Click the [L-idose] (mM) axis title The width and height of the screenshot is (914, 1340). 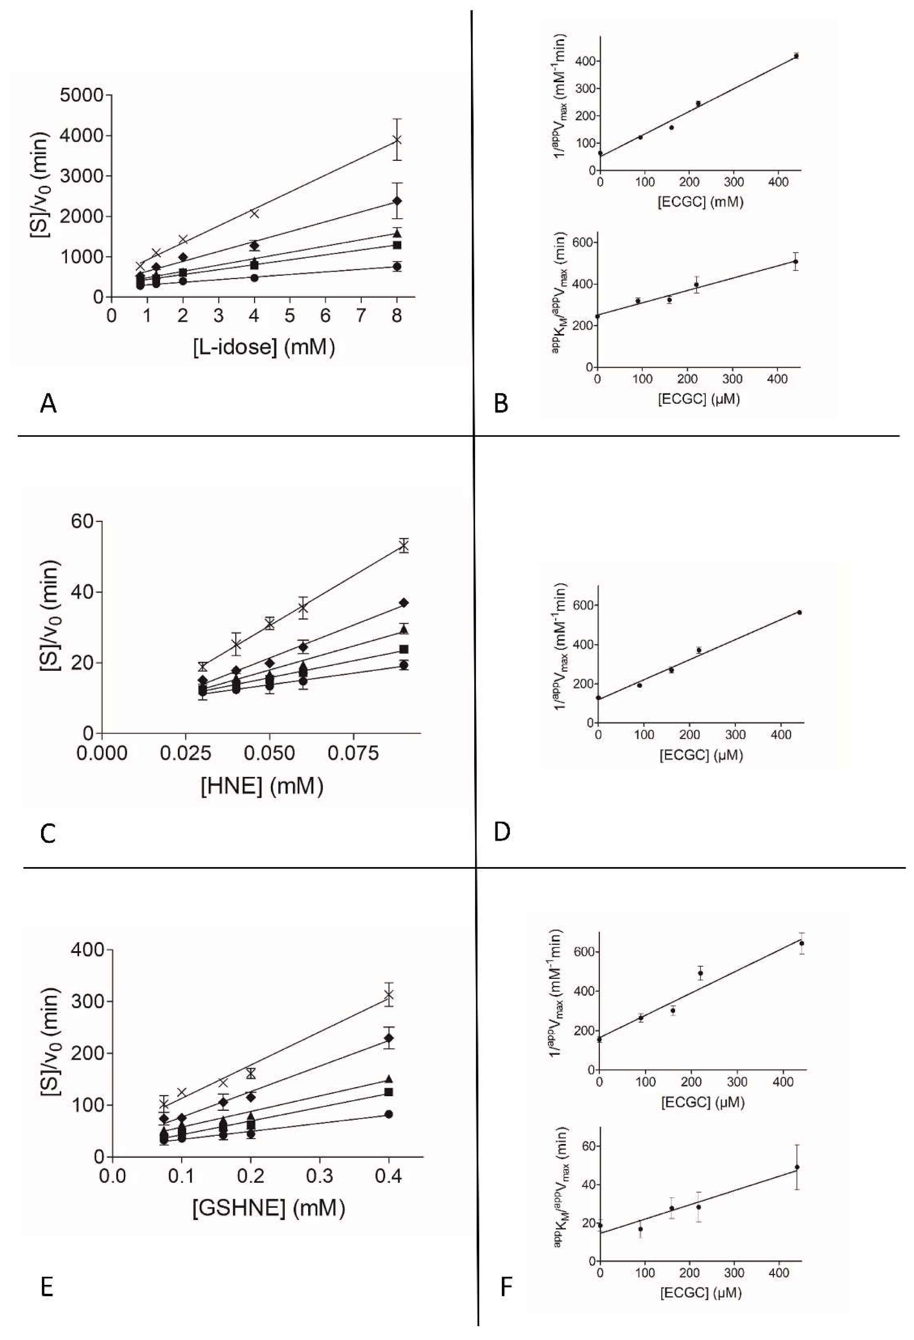264,347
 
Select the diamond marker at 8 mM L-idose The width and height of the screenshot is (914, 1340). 397,201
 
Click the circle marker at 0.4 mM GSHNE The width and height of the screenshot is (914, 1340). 389,1114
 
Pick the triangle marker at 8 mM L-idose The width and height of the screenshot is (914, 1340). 397,233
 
